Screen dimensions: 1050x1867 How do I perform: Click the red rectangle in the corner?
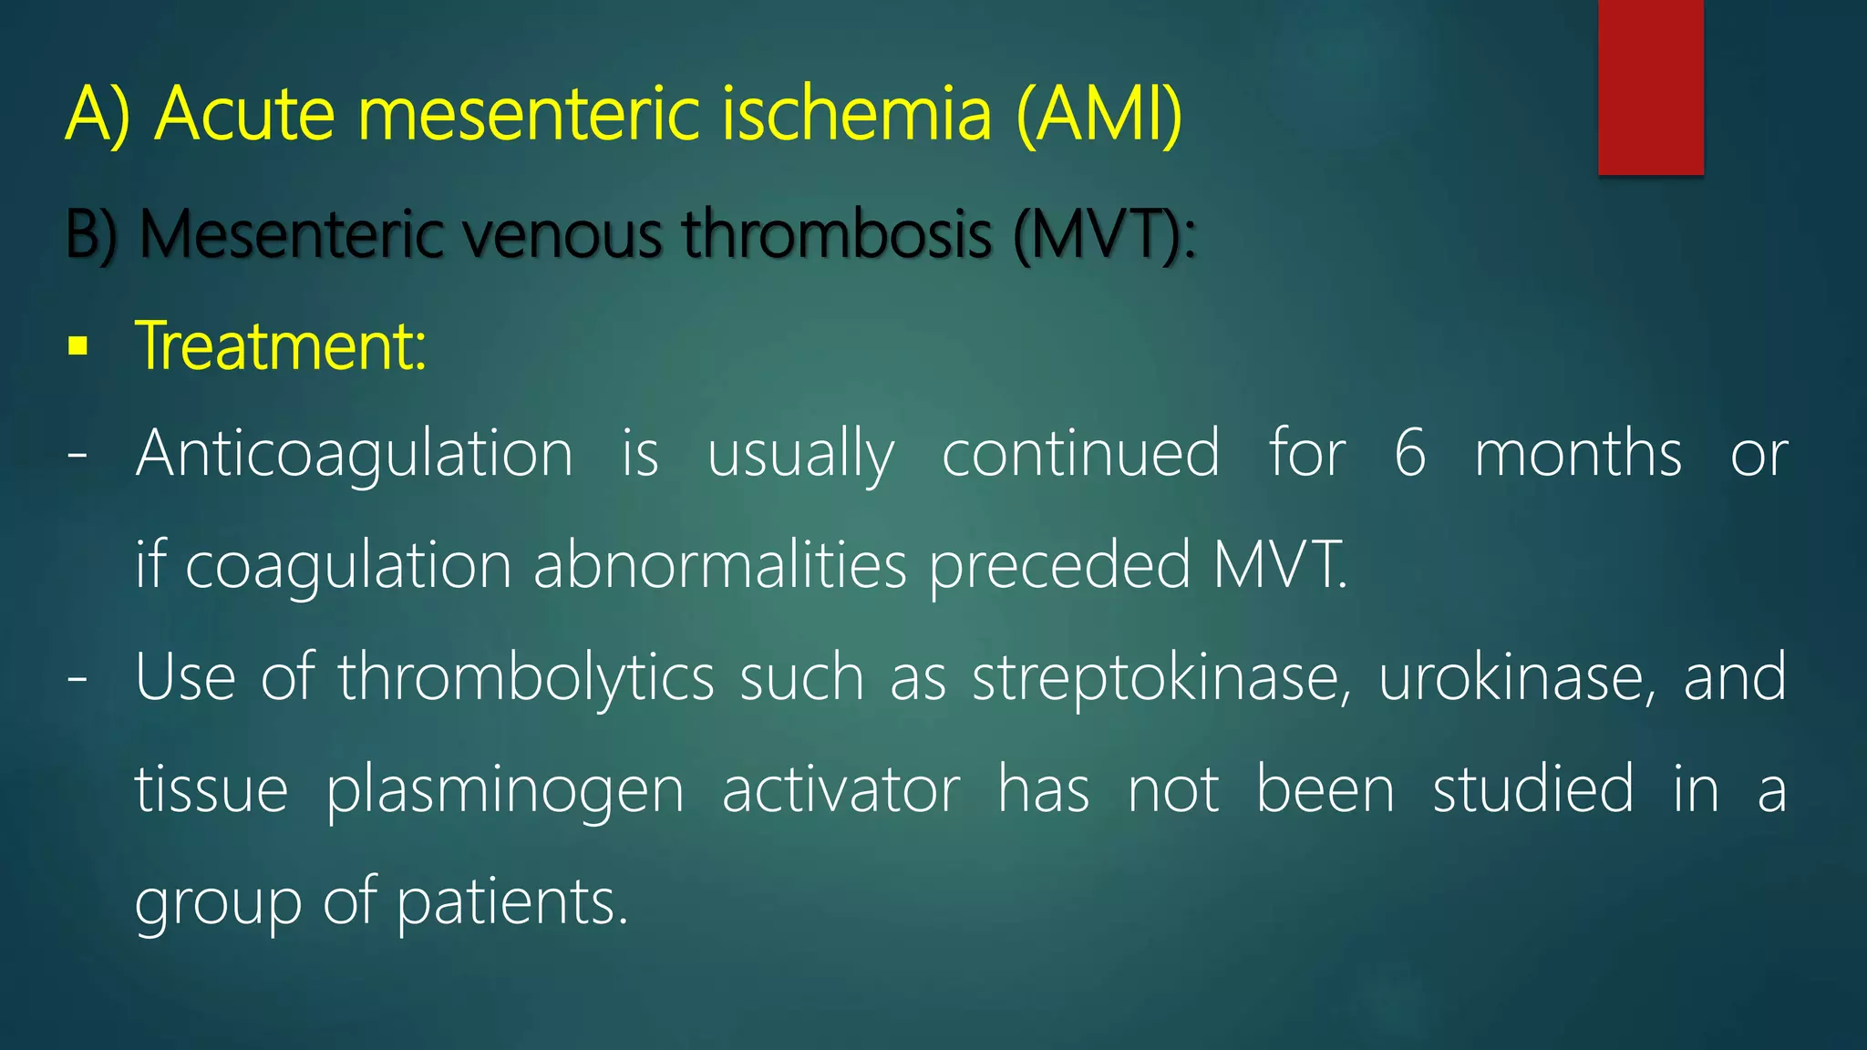1650,87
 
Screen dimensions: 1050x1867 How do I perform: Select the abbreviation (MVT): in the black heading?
1104,235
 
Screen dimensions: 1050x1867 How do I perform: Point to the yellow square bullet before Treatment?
78,347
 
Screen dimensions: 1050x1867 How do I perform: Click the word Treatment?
281,347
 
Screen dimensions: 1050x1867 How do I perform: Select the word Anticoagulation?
354,454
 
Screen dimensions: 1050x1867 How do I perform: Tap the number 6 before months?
1409,454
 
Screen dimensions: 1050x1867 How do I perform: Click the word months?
1577,454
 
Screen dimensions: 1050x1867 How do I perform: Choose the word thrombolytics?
526,678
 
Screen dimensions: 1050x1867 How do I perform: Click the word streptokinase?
1161,678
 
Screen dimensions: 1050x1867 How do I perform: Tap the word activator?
841,789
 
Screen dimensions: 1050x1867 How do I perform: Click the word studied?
1533,789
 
